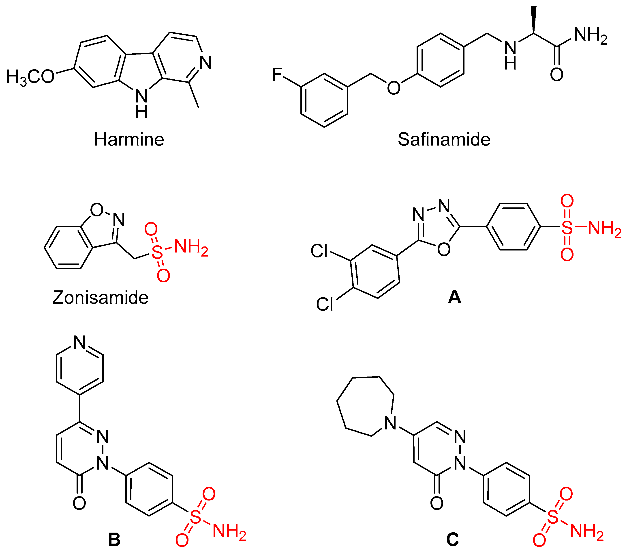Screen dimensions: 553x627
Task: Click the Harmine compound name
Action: (x=129, y=140)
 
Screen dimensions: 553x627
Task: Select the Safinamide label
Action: (x=444, y=140)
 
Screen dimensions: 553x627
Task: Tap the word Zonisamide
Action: (x=100, y=298)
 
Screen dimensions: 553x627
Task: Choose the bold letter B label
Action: (x=114, y=540)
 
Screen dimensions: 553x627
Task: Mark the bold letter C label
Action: (x=452, y=540)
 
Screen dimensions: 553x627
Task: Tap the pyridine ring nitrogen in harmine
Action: (x=205, y=63)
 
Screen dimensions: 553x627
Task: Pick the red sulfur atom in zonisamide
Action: (x=157, y=253)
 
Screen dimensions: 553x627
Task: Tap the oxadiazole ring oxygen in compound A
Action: (x=444, y=249)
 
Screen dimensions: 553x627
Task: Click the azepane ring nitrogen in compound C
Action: (x=390, y=423)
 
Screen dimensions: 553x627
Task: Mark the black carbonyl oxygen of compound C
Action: (x=437, y=503)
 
